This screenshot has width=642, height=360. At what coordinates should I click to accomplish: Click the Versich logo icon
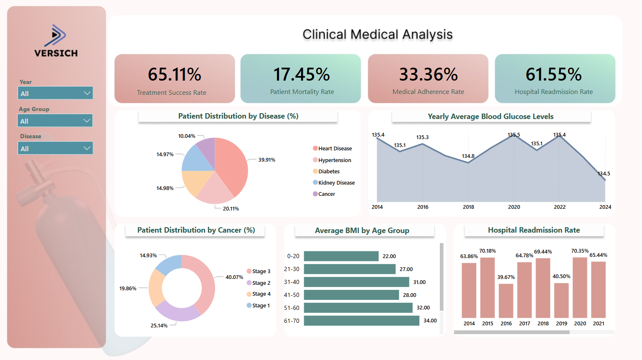pos(56,35)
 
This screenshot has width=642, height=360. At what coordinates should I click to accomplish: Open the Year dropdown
pos(55,93)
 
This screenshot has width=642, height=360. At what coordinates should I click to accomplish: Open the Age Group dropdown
pos(55,121)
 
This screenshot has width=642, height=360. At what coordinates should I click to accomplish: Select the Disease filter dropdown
pos(55,148)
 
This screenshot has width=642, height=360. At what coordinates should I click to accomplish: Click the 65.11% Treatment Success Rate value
pos(174,74)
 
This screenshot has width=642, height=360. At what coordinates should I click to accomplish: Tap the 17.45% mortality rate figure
pos(301,74)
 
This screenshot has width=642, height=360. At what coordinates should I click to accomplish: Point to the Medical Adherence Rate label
pos(428,92)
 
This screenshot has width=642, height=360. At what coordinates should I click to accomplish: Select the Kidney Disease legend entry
pos(336,183)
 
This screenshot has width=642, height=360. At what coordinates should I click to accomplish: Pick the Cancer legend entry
pos(326,194)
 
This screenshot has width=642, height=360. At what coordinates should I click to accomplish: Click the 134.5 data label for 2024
pos(604,173)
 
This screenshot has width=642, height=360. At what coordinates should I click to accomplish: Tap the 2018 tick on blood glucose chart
pos(468,207)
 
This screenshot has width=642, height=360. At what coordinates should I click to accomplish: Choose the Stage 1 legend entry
pos(261,305)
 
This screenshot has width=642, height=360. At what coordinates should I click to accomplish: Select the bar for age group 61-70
pos(361,320)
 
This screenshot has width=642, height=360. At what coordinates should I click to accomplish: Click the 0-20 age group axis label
pos(293,256)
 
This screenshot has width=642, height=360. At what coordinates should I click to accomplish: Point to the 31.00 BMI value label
pos(419,282)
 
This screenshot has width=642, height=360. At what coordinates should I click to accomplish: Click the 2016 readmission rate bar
pos(506,301)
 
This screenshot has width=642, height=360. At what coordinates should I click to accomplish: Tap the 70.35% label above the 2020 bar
pos(580,251)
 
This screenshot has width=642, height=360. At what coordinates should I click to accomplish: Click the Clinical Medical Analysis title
pos(377,34)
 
